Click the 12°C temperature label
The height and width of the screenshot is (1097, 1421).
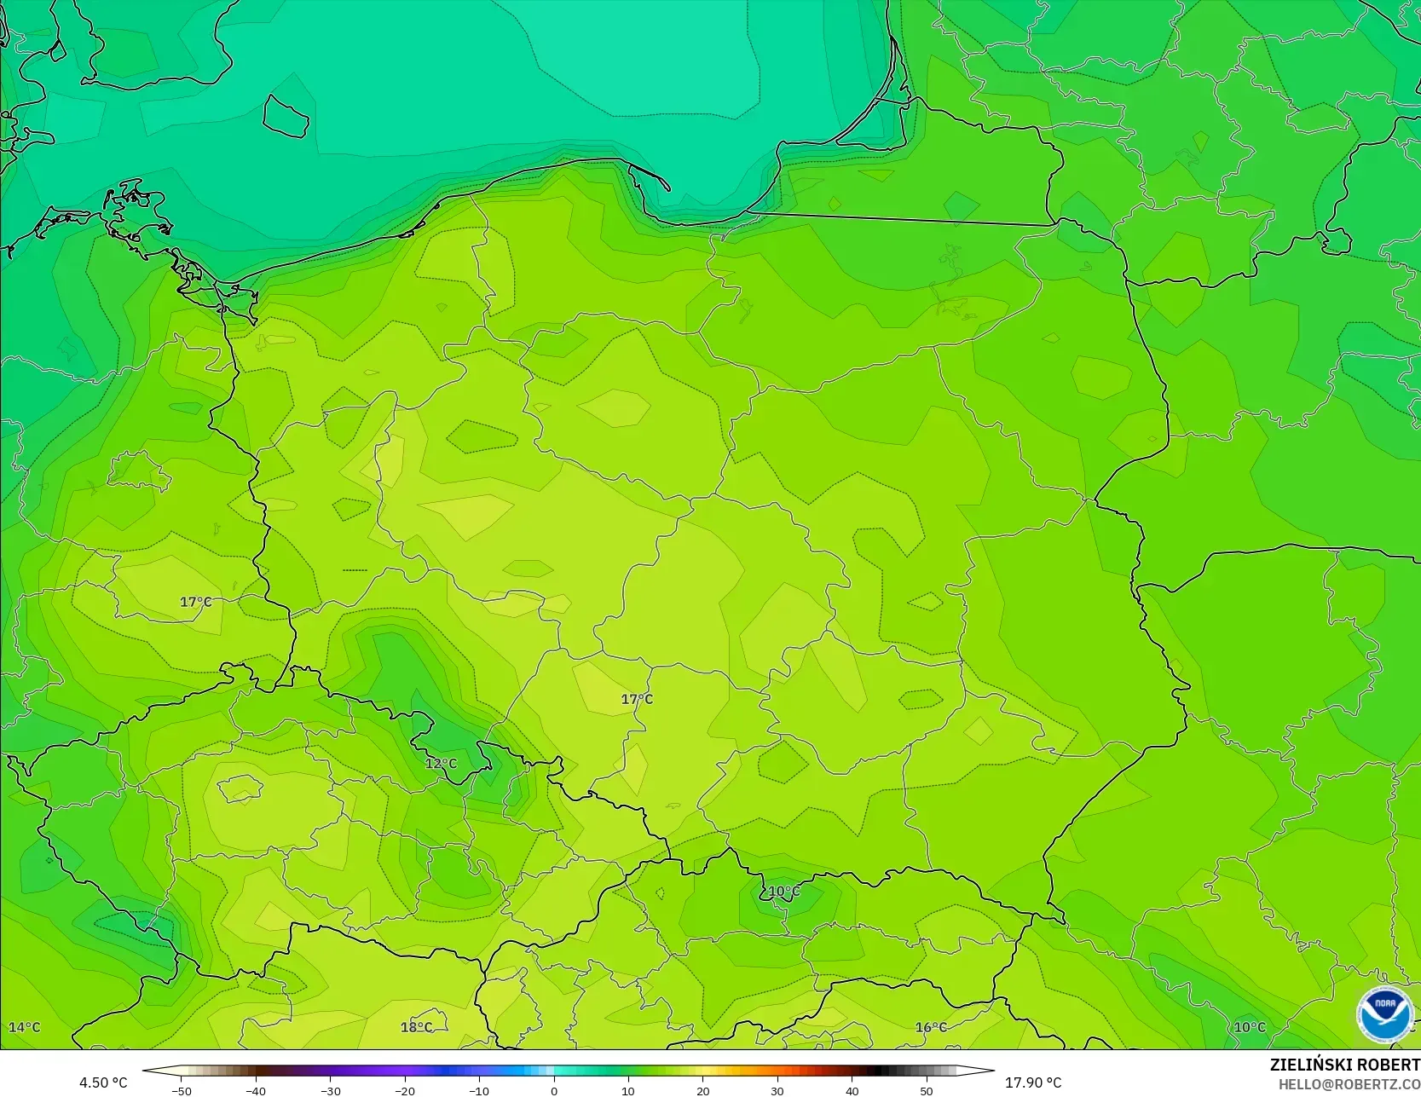[441, 764]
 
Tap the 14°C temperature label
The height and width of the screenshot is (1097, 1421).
[24, 1027]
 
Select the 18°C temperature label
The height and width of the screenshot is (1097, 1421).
[416, 1027]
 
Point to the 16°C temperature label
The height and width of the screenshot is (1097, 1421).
[931, 1027]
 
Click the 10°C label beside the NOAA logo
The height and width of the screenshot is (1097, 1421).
[1250, 1027]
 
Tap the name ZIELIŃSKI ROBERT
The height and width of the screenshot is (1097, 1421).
[1344, 1065]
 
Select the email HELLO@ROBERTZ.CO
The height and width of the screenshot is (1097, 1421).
[1349, 1084]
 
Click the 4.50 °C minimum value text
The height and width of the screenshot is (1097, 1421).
[103, 1083]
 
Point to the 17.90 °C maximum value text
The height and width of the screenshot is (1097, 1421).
[1033, 1083]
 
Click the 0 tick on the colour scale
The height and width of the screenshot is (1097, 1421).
[554, 1090]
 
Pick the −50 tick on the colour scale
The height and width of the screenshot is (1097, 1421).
[181, 1090]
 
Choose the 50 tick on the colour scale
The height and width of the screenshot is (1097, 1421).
[927, 1090]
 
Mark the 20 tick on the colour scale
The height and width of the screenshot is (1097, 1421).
[703, 1090]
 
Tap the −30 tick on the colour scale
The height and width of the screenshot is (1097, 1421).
[330, 1090]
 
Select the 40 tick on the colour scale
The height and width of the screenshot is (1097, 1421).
[852, 1090]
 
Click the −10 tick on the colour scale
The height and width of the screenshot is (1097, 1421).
[479, 1090]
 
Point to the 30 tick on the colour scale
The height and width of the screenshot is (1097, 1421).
[777, 1090]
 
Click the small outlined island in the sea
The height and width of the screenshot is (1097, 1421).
[285, 115]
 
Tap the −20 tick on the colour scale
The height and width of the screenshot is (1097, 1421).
[405, 1090]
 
